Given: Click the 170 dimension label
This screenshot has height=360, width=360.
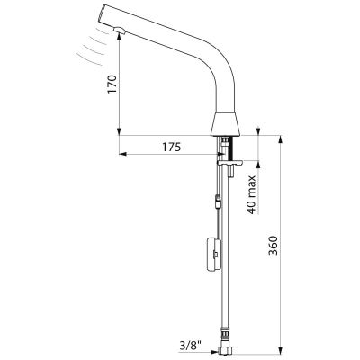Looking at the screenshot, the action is point(112,85).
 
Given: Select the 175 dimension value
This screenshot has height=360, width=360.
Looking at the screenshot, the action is point(172,148).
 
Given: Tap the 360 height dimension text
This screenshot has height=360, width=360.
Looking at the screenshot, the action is point(273,246).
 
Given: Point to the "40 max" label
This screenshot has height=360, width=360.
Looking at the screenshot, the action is point(251,195).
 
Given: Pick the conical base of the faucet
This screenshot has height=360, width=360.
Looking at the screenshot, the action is point(227,124).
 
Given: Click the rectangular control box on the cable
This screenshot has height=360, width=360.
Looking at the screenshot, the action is point(214,255).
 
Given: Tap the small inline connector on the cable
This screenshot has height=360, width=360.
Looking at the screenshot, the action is point(218,202).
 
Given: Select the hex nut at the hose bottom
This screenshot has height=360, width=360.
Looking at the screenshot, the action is point(227,351).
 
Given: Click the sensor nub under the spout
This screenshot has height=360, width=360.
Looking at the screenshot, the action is point(119,30).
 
